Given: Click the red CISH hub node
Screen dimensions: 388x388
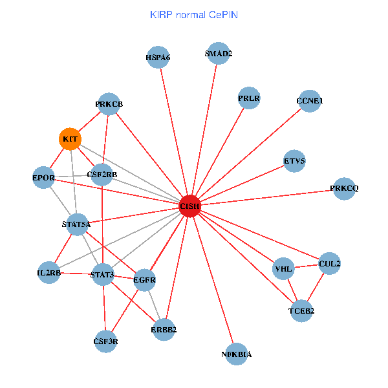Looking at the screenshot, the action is pos(189,206).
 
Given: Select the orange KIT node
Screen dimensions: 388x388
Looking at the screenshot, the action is pos(70,139).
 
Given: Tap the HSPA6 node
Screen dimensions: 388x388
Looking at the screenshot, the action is pos(158,58).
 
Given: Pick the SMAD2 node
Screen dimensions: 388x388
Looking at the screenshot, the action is pos(218,54).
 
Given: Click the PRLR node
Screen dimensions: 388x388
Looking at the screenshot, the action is pos(249,98).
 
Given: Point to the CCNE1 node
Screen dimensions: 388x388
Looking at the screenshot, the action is pos(310,101).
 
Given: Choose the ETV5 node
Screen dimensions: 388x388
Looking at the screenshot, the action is pos(295,160).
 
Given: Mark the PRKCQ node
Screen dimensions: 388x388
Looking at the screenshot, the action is pos(343,188).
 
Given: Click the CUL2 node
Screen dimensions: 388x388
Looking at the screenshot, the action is pos(330,263).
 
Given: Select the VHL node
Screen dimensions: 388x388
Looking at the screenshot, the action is pos(284,268).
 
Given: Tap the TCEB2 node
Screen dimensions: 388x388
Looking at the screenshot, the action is pos(301,311).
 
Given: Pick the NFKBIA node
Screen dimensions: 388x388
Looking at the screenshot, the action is pos(237,354).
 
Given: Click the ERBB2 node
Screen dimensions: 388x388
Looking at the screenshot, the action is pos(164,329).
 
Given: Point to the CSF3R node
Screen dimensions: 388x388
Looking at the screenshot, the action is pos(106,341).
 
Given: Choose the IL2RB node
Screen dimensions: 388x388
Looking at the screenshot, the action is pos(49,273).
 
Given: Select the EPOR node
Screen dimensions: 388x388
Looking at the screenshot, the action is pos(43,177).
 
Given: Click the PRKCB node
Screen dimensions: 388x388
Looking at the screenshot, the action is pos(109,104).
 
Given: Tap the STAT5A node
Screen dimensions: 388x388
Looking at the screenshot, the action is pos(76,224).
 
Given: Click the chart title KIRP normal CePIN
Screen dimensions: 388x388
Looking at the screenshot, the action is pos(193,14).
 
